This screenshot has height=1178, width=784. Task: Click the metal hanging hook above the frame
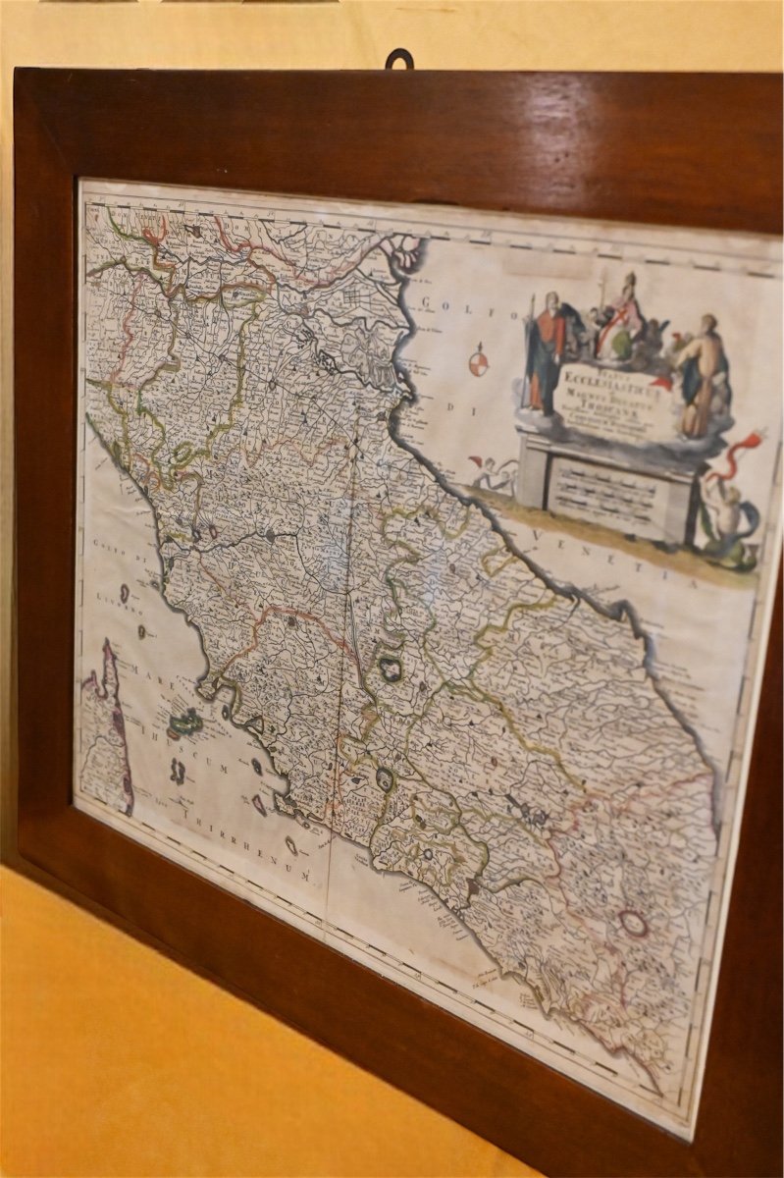(398, 59)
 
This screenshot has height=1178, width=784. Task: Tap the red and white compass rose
(478, 361)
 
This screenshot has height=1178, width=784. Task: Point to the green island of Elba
(185, 723)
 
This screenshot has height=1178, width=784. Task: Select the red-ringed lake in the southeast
(633, 923)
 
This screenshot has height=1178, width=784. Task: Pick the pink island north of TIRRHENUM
(259, 805)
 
